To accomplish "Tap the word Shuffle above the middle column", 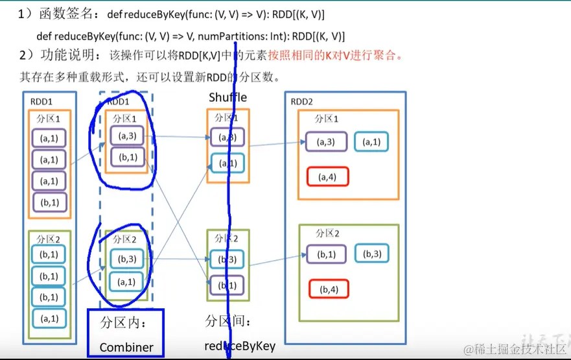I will click(x=227, y=97).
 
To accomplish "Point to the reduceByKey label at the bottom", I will click(x=240, y=346).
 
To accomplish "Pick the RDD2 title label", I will click(x=302, y=101).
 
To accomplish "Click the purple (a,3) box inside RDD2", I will click(x=327, y=141).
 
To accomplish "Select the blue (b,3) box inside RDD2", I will click(x=371, y=254).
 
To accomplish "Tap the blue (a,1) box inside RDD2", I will click(x=371, y=141).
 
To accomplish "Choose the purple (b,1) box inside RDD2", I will click(x=327, y=254).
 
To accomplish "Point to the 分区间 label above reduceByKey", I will click(x=227, y=321).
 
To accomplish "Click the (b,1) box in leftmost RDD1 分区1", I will click(x=49, y=202).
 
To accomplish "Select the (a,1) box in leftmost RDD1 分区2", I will click(x=49, y=318).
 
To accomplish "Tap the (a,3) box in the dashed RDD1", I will click(x=127, y=136).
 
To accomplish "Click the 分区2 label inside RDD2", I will click(x=327, y=233).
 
